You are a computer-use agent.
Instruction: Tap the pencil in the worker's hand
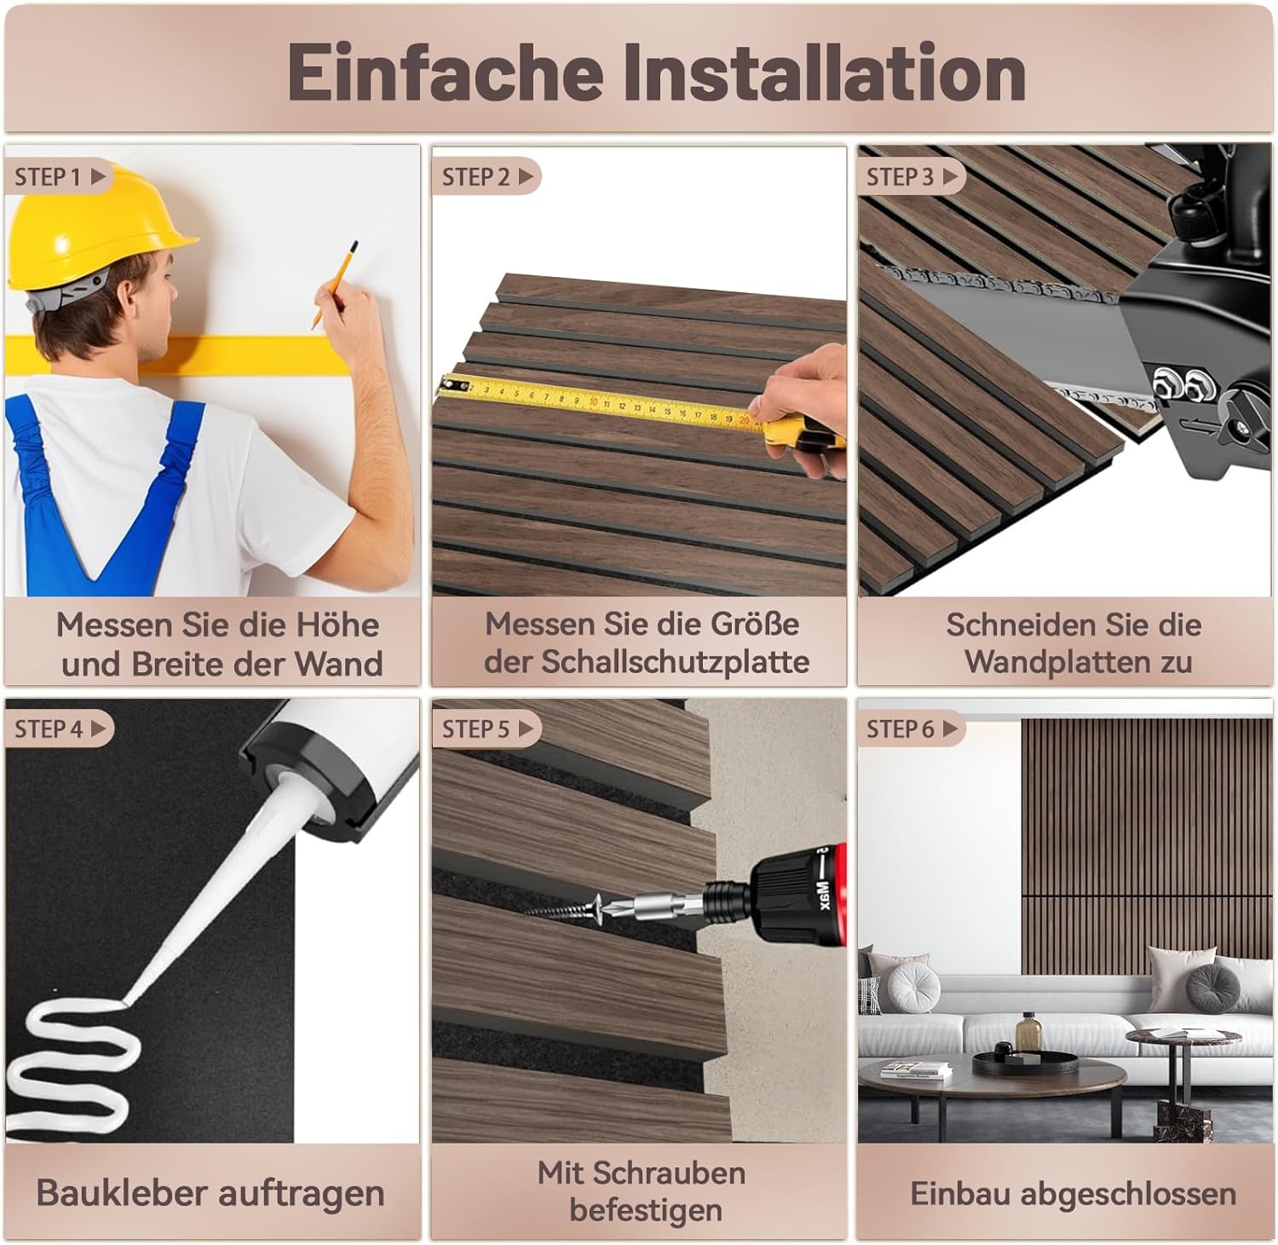coord(334,284)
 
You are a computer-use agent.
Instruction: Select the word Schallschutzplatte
coord(675,662)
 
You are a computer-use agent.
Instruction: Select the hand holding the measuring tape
coord(801,401)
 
